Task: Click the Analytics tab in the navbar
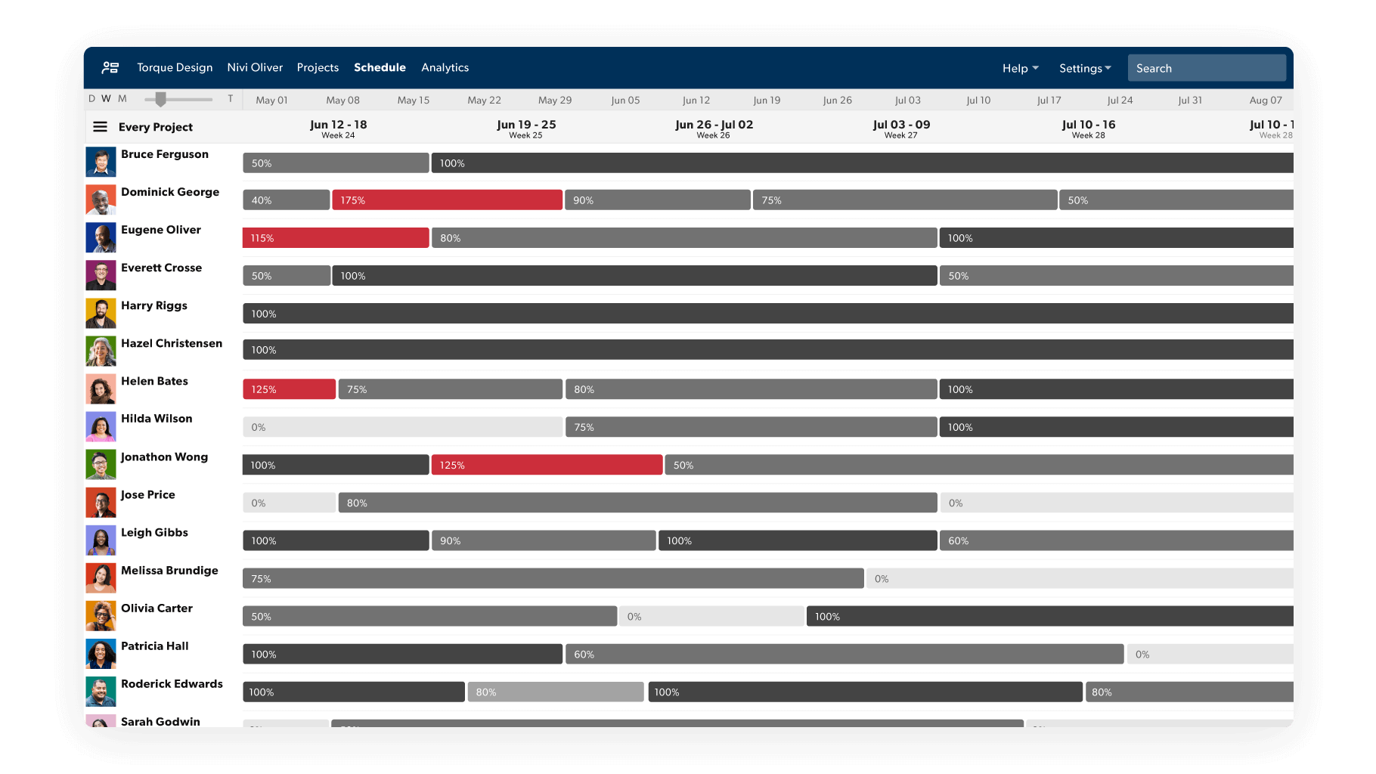click(x=445, y=67)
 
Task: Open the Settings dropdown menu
click(x=1084, y=68)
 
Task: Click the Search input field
click(x=1206, y=68)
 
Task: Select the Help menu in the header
click(x=1020, y=68)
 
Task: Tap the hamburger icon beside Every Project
click(x=100, y=127)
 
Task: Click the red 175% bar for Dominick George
click(x=447, y=200)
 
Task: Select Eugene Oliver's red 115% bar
click(x=335, y=238)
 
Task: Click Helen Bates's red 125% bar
click(x=289, y=389)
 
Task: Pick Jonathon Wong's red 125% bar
click(x=546, y=465)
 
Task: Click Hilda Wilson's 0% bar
click(x=402, y=427)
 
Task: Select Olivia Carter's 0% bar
click(x=711, y=617)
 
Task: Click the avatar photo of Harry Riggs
click(x=101, y=313)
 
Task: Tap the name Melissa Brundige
click(x=169, y=571)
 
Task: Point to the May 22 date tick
click(x=484, y=100)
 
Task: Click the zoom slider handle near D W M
click(x=160, y=99)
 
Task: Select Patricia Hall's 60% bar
click(x=844, y=655)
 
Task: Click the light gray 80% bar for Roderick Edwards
click(x=555, y=692)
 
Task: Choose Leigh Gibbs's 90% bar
click(x=543, y=541)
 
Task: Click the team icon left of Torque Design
click(x=110, y=68)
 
